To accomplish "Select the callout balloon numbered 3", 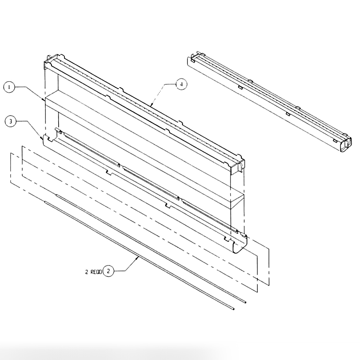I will click(11, 121).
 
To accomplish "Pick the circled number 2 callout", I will click(108, 271).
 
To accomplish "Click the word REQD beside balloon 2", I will click(96, 272).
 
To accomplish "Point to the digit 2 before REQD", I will click(86, 272).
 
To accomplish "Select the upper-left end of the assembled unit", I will click(192, 59).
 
